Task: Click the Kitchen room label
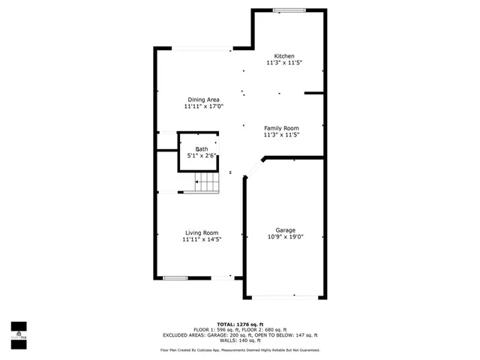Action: pyautogui.click(x=284, y=56)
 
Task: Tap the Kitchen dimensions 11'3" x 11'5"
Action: pyautogui.click(x=284, y=63)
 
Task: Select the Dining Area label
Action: pyautogui.click(x=203, y=100)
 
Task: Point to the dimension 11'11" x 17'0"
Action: pyautogui.click(x=203, y=106)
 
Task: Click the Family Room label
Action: pyautogui.click(x=281, y=128)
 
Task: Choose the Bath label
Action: pyautogui.click(x=202, y=149)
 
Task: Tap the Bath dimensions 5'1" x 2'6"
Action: pyautogui.click(x=202, y=156)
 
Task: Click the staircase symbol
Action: pyautogui.click(x=207, y=181)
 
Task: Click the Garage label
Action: pyautogui.click(x=285, y=230)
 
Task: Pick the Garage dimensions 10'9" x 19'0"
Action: pyautogui.click(x=285, y=237)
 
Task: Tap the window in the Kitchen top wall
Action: pyautogui.click(x=283, y=10)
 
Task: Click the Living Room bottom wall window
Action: pyautogui.click(x=175, y=278)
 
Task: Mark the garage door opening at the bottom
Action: pyautogui.click(x=285, y=298)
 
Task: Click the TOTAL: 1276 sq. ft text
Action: pyautogui.click(x=239, y=323)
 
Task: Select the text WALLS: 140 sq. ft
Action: pyautogui.click(x=239, y=340)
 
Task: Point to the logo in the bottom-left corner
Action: pyautogui.click(x=19, y=331)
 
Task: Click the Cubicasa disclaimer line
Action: pyautogui.click(x=239, y=350)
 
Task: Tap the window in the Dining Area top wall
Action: pyautogui.click(x=203, y=49)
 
